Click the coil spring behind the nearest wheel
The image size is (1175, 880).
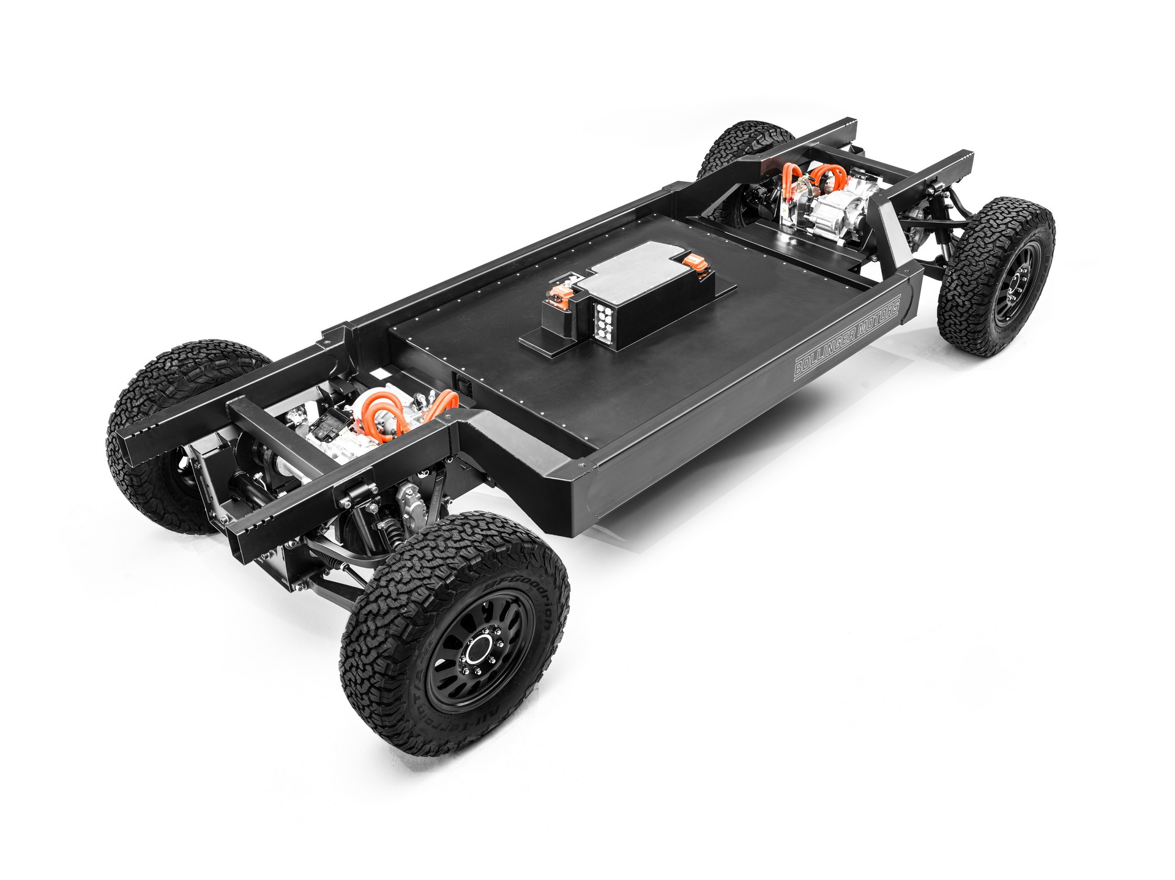click(x=392, y=530)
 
